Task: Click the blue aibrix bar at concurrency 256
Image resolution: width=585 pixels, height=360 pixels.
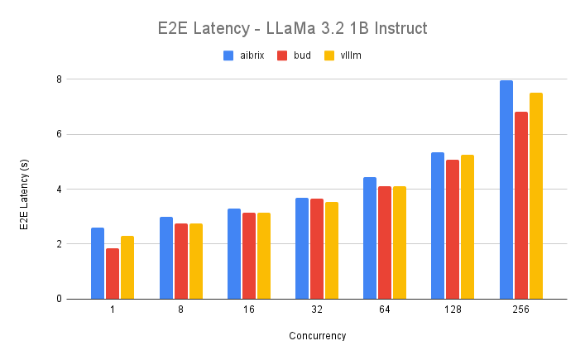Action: coord(506,190)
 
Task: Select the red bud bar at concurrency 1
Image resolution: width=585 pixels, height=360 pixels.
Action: coord(113,273)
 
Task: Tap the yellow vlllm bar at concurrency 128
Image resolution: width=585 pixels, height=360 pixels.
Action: coord(468,227)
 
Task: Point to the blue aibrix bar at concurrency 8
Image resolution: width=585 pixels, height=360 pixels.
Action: coord(166,257)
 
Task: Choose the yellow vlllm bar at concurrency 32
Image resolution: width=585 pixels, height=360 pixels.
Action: coord(332,250)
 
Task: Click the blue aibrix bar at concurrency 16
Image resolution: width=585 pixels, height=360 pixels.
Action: coord(234,253)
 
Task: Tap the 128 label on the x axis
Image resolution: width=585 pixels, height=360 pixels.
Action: coord(453,310)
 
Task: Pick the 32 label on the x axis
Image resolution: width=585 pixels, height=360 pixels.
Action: coord(317,310)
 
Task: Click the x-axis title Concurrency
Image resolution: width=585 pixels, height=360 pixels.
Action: coord(318,336)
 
